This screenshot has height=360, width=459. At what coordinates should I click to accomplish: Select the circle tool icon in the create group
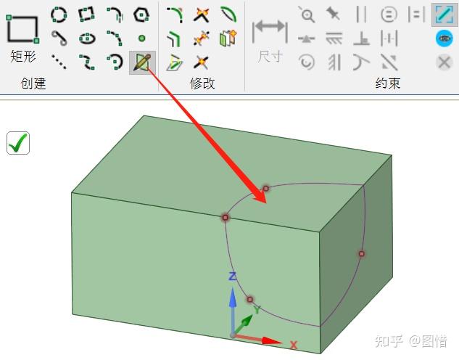tap(59, 13)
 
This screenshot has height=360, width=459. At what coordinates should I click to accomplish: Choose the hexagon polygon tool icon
tap(141, 13)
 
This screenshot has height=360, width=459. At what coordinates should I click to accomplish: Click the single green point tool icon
tap(141, 38)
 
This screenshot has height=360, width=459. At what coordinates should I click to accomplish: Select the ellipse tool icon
tap(87, 38)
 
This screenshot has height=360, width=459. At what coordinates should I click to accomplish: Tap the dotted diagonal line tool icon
tap(59, 62)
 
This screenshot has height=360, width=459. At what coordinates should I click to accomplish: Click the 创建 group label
tap(33, 83)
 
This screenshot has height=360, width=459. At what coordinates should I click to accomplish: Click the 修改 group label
tap(202, 83)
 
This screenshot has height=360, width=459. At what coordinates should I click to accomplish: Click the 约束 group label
tap(387, 83)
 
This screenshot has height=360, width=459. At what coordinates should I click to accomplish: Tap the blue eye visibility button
tap(444, 38)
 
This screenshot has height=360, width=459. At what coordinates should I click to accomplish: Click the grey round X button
tap(444, 62)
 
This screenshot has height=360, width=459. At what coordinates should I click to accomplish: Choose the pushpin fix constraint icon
tap(334, 13)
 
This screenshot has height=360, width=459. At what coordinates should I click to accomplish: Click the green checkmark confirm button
tap(18, 143)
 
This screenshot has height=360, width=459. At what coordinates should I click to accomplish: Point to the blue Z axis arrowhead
tap(233, 297)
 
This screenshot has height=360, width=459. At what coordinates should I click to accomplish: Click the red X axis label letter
tap(294, 345)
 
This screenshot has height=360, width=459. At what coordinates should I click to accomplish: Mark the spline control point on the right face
tap(361, 253)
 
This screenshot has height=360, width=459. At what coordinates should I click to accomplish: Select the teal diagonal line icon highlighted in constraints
tap(444, 14)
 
